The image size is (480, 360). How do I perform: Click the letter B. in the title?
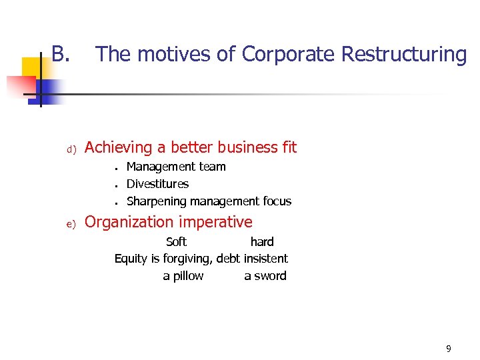pyautogui.click(x=61, y=53)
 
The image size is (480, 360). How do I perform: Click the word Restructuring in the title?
pyautogui.click(x=403, y=54)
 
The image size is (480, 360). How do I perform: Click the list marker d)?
pyautogui.click(x=74, y=149)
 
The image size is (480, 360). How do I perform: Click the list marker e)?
pyautogui.click(x=74, y=224)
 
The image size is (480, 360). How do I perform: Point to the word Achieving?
pyautogui.click(x=125, y=148)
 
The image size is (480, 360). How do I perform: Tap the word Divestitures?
pyautogui.click(x=157, y=184)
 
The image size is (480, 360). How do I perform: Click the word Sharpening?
pyautogui.click(x=157, y=201)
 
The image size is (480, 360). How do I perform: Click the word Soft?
pyautogui.click(x=176, y=241)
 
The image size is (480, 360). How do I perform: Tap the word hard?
pyautogui.click(x=262, y=241)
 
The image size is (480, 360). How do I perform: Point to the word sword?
pyautogui.click(x=270, y=276)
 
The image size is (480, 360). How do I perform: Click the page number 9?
pyautogui.click(x=449, y=349)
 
